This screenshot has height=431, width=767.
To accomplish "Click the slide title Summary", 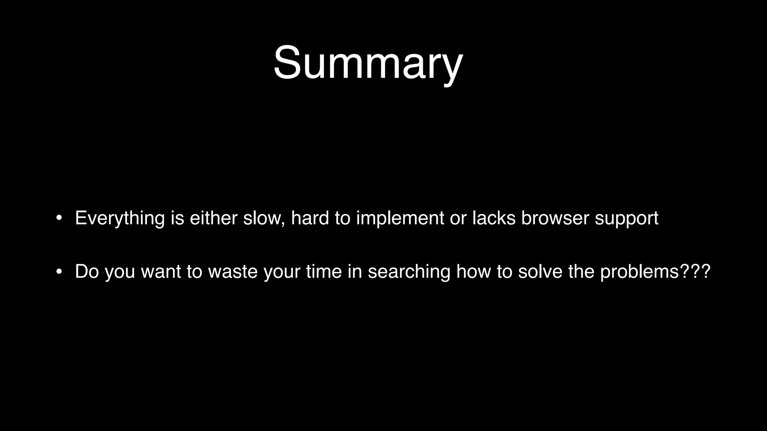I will pos(368,63).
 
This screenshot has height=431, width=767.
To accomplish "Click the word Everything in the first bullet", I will pos(120,218).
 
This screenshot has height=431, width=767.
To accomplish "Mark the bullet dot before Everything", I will pos(59,218).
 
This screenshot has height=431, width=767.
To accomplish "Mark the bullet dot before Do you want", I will pos(59,272).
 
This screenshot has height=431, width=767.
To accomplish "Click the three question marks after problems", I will pos(695,272).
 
